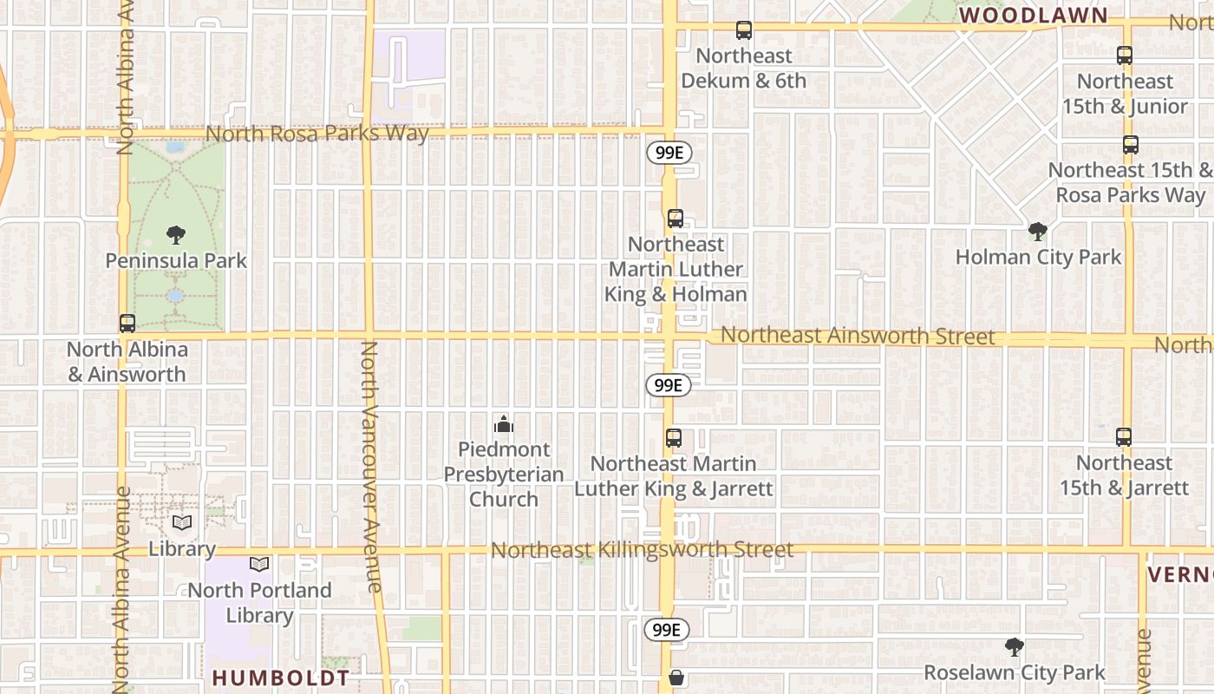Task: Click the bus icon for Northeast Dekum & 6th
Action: tap(744, 30)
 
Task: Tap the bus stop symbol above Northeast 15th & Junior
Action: tap(1125, 56)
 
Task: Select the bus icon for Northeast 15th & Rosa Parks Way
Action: tap(1131, 145)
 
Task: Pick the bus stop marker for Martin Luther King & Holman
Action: tap(676, 219)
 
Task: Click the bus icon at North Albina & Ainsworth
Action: tap(127, 324)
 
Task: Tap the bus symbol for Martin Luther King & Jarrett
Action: tap(674, 438)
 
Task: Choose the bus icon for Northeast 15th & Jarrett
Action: tap(1124, 436)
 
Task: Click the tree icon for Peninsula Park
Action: tap(176, 234)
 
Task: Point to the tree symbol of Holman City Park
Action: tap(1037, 231)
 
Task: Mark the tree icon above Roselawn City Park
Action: tap(1014, 646)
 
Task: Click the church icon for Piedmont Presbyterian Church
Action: tap(504, 424)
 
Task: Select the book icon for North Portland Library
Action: tap(259, 564)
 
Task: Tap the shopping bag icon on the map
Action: tap(676, 678)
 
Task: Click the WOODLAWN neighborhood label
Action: tap(1034, 15)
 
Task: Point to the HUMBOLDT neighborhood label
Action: tap(281, 678)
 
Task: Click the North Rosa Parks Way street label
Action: tap(317, 134)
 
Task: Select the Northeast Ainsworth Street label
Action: tap(858, 336)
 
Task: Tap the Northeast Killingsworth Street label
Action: tap(642, 550)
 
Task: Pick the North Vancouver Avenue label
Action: tap(370, 467)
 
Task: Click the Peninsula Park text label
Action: tap(176, 260)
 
